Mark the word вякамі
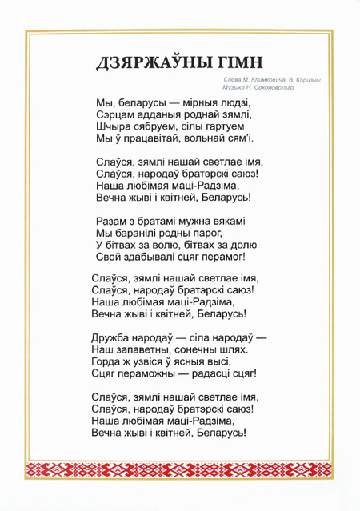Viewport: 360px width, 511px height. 225,220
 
